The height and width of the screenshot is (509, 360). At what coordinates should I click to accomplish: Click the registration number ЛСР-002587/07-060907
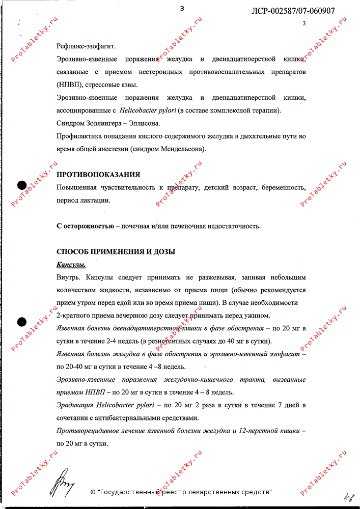tap(293, 11)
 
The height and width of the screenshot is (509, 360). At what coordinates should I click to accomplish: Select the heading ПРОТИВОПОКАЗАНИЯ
tap(98, 175)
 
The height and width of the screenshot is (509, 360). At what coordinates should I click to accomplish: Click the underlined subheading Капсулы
tap(71, 265)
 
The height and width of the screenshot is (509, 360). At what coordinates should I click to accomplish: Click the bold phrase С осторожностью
tap(85, 226)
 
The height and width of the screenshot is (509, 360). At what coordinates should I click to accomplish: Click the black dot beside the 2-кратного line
tap(22, 321)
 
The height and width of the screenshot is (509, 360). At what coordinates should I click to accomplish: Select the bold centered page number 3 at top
tap(182, 8)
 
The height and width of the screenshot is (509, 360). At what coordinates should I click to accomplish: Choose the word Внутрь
tap(69, 277)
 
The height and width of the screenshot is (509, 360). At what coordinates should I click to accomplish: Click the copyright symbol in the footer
tap(93, 492)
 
